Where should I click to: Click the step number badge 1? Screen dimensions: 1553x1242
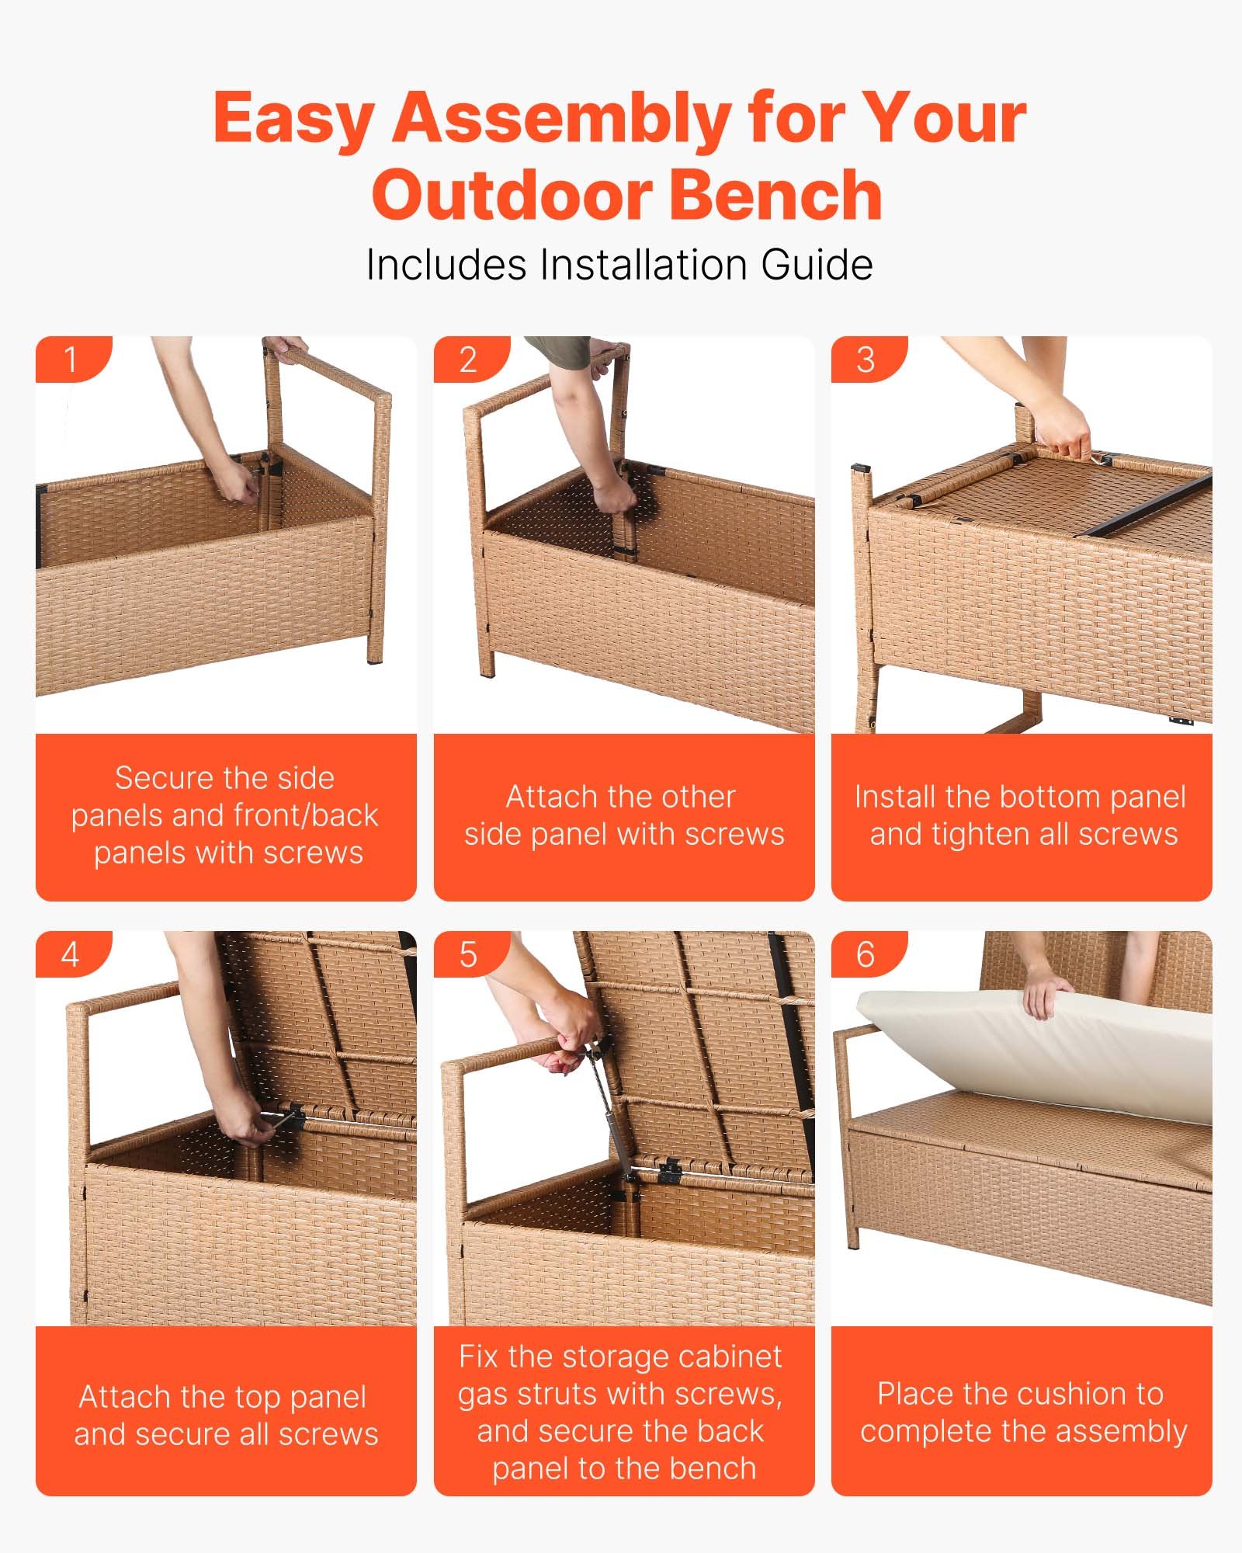(x=71, y=360)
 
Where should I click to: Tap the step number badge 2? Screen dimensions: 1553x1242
(x=468, y=360)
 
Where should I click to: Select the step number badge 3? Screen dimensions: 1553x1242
(x=866, y=360)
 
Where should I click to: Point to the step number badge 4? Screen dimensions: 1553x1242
(x=71, y=954)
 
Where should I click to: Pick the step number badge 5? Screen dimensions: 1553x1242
(x=468, y=954)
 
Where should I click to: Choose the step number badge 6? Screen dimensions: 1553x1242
(x=866, y=954)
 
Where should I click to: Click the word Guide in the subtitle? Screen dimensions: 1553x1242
(x=817, y=265)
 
